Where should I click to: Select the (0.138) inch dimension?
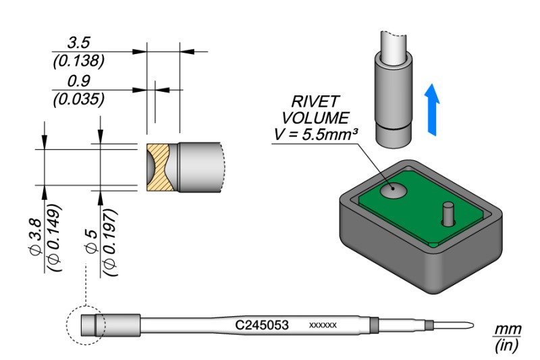(78, 61)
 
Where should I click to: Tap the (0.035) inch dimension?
(78, 100)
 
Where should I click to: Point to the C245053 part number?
(262, 326)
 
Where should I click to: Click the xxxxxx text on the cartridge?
(323, 326)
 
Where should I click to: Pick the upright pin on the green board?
(446, 215)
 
